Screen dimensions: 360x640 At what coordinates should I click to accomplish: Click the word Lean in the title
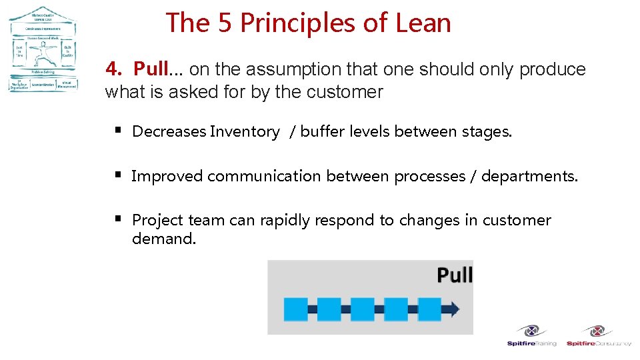[423, 23]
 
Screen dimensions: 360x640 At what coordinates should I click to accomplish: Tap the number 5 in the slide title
[224, 23]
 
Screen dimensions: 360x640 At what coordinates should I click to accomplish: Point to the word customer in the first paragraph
[352, 92]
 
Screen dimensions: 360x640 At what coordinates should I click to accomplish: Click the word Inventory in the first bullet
[244, 132]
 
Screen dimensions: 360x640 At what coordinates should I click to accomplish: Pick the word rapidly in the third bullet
[283, 220]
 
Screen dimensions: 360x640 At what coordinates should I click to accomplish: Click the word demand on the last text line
[163, 239]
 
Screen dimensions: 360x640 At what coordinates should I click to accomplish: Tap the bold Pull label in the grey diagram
[454, 275]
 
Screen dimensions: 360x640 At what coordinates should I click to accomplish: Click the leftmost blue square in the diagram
[295, 309]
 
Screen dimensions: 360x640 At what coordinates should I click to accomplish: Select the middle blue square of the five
[362, 309]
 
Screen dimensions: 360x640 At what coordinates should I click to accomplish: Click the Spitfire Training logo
[531, 335]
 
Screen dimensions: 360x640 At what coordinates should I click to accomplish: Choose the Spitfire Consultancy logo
[598, 335]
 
